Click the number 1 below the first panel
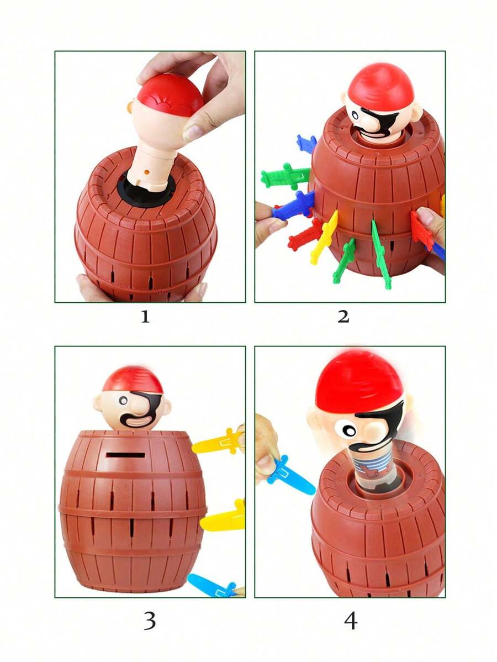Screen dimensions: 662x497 (x=145, y=317)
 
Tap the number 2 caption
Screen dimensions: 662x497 (x=343, y=317)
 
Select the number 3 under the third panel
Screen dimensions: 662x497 (x=150, y=621)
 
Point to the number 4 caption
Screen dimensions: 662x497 (x=351, y=621)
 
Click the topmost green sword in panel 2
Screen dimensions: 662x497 (x=285, y=176)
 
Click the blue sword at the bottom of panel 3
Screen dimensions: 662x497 (x=212, y=585)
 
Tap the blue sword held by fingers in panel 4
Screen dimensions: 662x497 (x=290, y=475)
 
